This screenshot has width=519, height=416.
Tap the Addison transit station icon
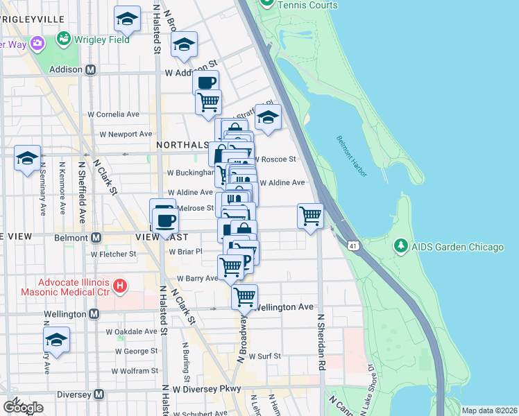pos(90,70)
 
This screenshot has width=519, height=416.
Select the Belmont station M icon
pos(96,237)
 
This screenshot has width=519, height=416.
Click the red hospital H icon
pos(121,285)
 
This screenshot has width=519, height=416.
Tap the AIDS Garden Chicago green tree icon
pos(400,247)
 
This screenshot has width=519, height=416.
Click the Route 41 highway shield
pos(354,246)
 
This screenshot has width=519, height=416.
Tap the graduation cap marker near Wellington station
pos(57,340)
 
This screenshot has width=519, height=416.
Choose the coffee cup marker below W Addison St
pos(206,83)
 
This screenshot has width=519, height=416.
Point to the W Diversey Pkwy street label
pos(205,389)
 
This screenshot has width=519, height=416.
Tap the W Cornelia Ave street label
pos(114,114)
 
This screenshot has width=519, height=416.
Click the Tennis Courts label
pos(307,6)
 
